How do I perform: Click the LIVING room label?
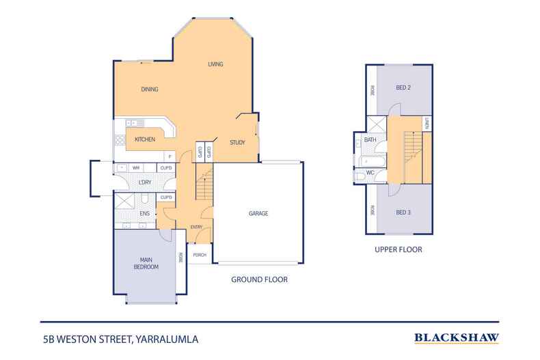click(x=216, y=64)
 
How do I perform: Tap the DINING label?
click(x=150, y=89)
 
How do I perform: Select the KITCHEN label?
click(x=144, y=139)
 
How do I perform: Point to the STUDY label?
click(x=237, y=143)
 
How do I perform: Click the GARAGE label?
click(x=258, y=213)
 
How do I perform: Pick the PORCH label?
click(x=200, y=255)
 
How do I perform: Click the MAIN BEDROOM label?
click(x=146, y=263)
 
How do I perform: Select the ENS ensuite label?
click(x=144, y=214)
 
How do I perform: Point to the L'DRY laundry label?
click(x=144, y=183)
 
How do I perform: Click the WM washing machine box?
click(x=135, y=167)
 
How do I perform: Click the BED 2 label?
click(x=403, y=87)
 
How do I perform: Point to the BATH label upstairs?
click(x=370, y=140)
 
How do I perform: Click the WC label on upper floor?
click(x=370, y=173)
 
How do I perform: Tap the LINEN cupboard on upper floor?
click(x=427, y=124)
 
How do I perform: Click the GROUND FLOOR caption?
click(x=259, y=279)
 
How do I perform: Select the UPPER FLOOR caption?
click(x=398, y=250)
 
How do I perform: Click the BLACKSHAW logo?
click(x=456, y=337)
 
